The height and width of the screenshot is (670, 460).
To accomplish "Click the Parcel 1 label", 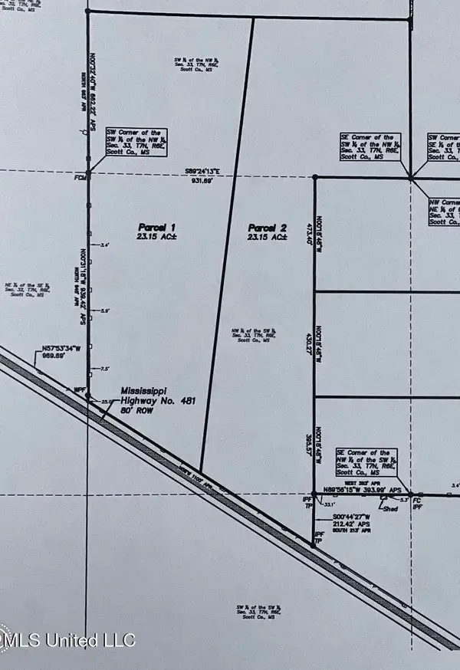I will pos(157,227).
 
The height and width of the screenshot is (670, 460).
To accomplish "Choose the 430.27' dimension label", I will pos(310,343).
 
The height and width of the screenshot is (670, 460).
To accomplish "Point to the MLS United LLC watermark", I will pos(69,639).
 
